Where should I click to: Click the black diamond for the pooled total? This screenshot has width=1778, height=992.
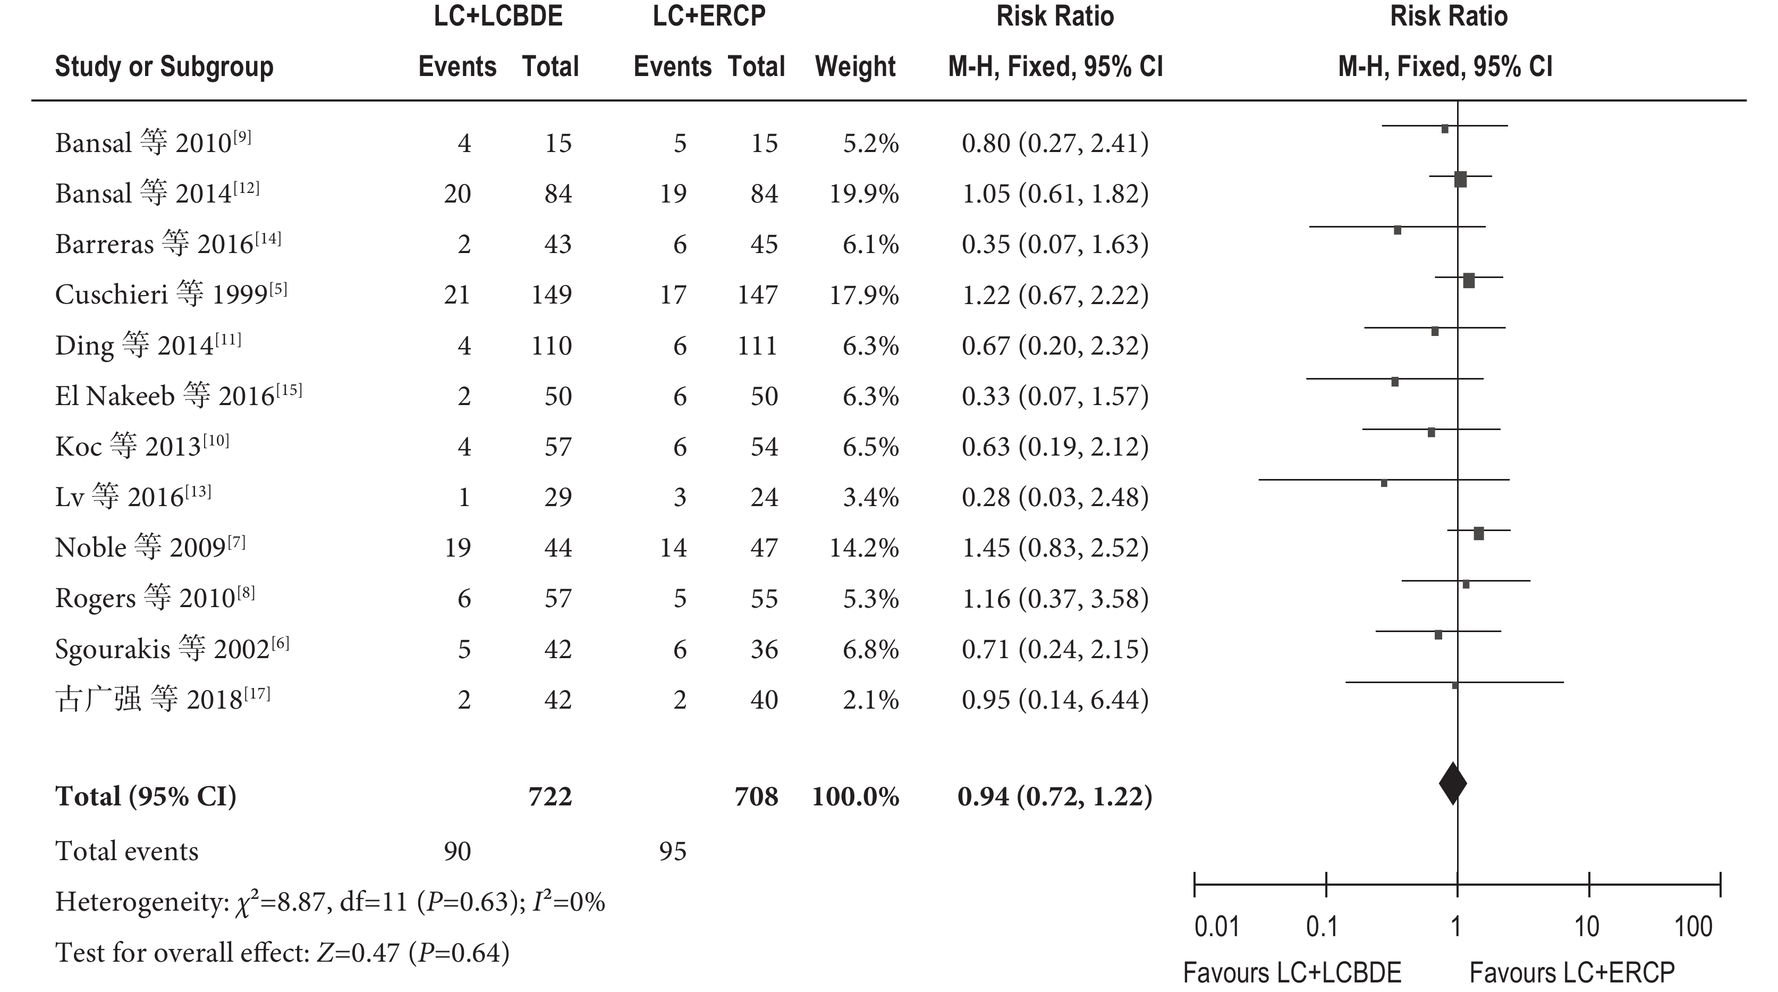click(x=1452, y=784)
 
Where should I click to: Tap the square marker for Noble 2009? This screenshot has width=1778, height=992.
click(x=1478, y=534)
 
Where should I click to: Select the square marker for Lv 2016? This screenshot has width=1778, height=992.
click(x=1384, y=483)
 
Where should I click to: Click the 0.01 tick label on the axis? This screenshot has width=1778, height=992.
click(x=1217, y=927)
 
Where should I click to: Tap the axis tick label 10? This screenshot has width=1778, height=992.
click(x=1586, y=927)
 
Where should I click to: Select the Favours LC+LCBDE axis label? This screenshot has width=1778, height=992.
click(x=1292, y=973)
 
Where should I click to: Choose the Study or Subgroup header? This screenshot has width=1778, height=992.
click(x=164, y=67)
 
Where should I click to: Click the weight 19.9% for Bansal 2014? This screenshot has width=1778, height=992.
click(x=864, y=194)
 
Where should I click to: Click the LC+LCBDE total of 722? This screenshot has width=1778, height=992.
click(x=550, y=797)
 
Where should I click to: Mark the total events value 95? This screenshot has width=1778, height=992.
click(x=672, y=851)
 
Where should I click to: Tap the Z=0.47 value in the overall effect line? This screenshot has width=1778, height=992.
click(x=358, y=953)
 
